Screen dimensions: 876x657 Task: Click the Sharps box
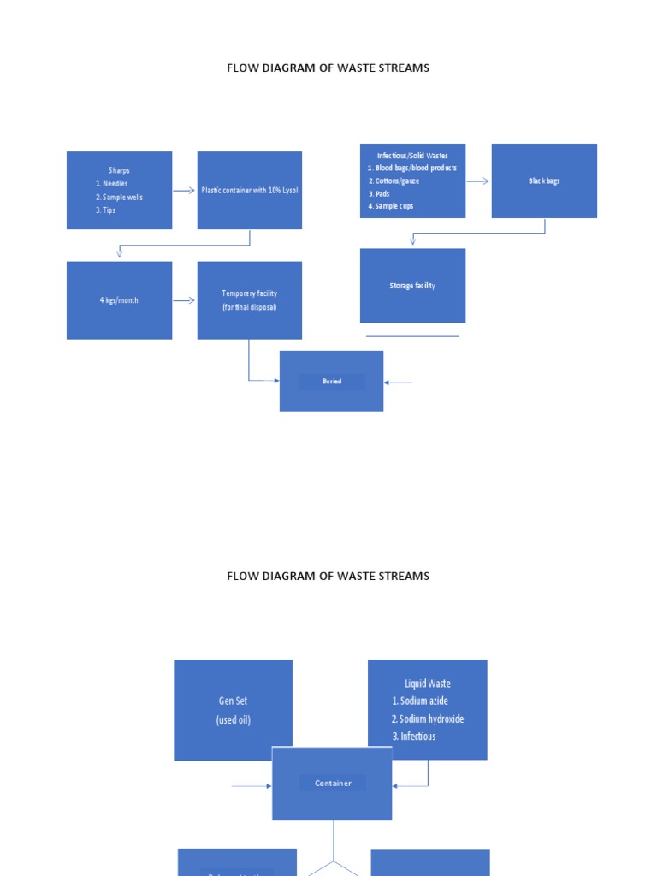119,190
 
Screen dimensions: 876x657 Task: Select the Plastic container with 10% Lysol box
249,190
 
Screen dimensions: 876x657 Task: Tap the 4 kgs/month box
119,300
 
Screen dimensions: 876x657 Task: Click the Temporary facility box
249,300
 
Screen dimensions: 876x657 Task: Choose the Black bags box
544,181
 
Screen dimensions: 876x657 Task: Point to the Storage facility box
412,286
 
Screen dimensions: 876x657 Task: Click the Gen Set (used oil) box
233,710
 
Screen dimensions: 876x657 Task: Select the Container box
332,783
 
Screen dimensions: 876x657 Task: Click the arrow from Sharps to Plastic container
185,191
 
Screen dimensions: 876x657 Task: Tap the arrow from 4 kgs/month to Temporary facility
185,300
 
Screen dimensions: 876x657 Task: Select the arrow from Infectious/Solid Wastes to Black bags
478,181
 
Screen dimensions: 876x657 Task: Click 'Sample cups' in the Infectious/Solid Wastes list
394,206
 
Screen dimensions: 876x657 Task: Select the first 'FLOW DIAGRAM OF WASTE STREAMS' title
328,68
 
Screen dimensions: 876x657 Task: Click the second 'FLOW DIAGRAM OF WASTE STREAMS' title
328,576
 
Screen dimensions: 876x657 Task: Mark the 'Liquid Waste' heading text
428,684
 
